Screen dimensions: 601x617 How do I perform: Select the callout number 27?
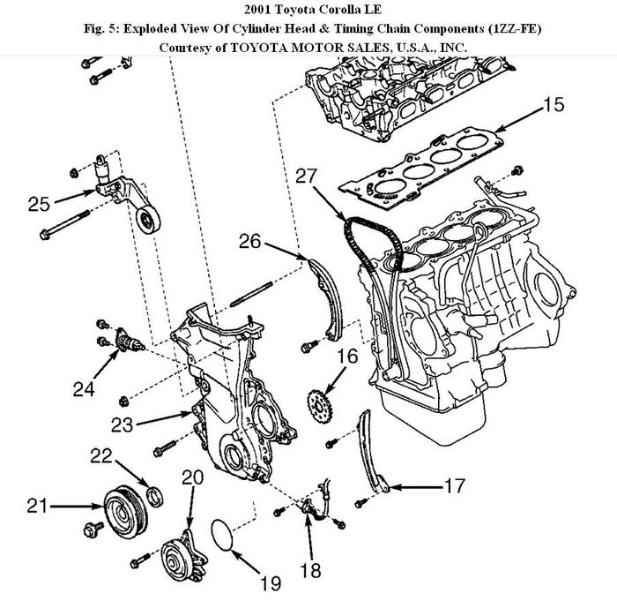304,177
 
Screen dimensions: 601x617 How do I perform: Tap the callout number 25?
38,203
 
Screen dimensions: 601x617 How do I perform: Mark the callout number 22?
103,455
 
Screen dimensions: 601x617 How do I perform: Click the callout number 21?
35,506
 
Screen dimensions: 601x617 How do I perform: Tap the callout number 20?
192,477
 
